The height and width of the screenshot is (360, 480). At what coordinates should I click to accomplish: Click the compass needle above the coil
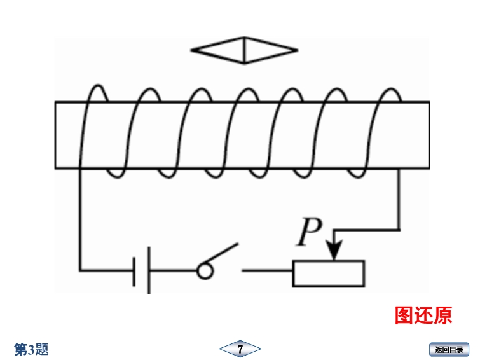click(x=245, y=50)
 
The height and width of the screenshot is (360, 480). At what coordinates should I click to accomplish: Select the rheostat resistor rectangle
click(x=328, y=273)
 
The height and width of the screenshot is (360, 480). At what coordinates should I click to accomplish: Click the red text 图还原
click(x=423, y=315)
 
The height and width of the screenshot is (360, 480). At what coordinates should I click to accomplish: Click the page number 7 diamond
click(x=240, y=349)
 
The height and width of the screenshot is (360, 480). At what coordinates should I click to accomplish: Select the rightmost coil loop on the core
click(x=385, y=130)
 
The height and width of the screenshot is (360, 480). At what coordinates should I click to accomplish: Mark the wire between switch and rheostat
click(x=267, y=272)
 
